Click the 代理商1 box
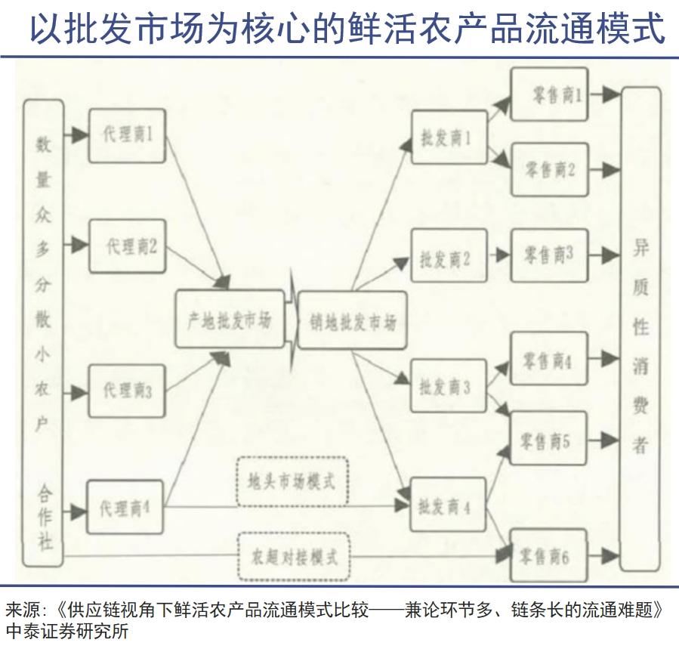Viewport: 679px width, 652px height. (127, 135)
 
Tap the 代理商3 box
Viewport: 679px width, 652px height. (127, 390)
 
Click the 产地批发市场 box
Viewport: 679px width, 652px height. (229, 320)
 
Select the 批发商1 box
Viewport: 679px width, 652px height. (449, 138)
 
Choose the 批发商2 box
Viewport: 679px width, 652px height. (449, 258)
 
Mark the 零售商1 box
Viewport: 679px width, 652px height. (549, 94)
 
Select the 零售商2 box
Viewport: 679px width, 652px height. (549, 169)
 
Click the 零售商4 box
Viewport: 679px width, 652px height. (549, 359)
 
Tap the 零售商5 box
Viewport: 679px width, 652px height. (549, 440)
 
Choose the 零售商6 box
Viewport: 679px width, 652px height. (549, 556)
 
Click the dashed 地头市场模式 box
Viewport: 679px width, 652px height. (292, 481)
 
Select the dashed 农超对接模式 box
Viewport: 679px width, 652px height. (292, 557)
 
